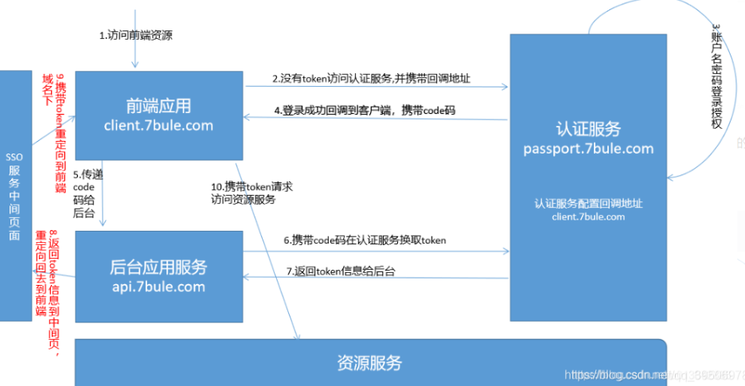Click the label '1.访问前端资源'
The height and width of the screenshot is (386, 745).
pyautogui.click(x=136, y=36)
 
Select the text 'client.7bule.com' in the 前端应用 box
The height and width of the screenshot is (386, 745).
pyautogui.click(x=158, y=125)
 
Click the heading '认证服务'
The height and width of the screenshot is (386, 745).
pyautogui.click(x=588, y=129)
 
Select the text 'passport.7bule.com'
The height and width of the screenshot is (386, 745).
pyautogui.click(x=588, y=149)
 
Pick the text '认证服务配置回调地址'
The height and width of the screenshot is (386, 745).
pyautogui.click(x=588, y=203)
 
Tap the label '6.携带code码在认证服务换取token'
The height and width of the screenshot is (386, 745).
pyautogui.click(x=365, y=240)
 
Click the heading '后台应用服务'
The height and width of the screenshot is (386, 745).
pyautogui.click(x=158, y=267)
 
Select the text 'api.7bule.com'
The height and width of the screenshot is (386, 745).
pyautogui.click(x=158, y=287)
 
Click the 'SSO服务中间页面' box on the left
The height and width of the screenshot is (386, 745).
pyautogui.click(x=14, y=194)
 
